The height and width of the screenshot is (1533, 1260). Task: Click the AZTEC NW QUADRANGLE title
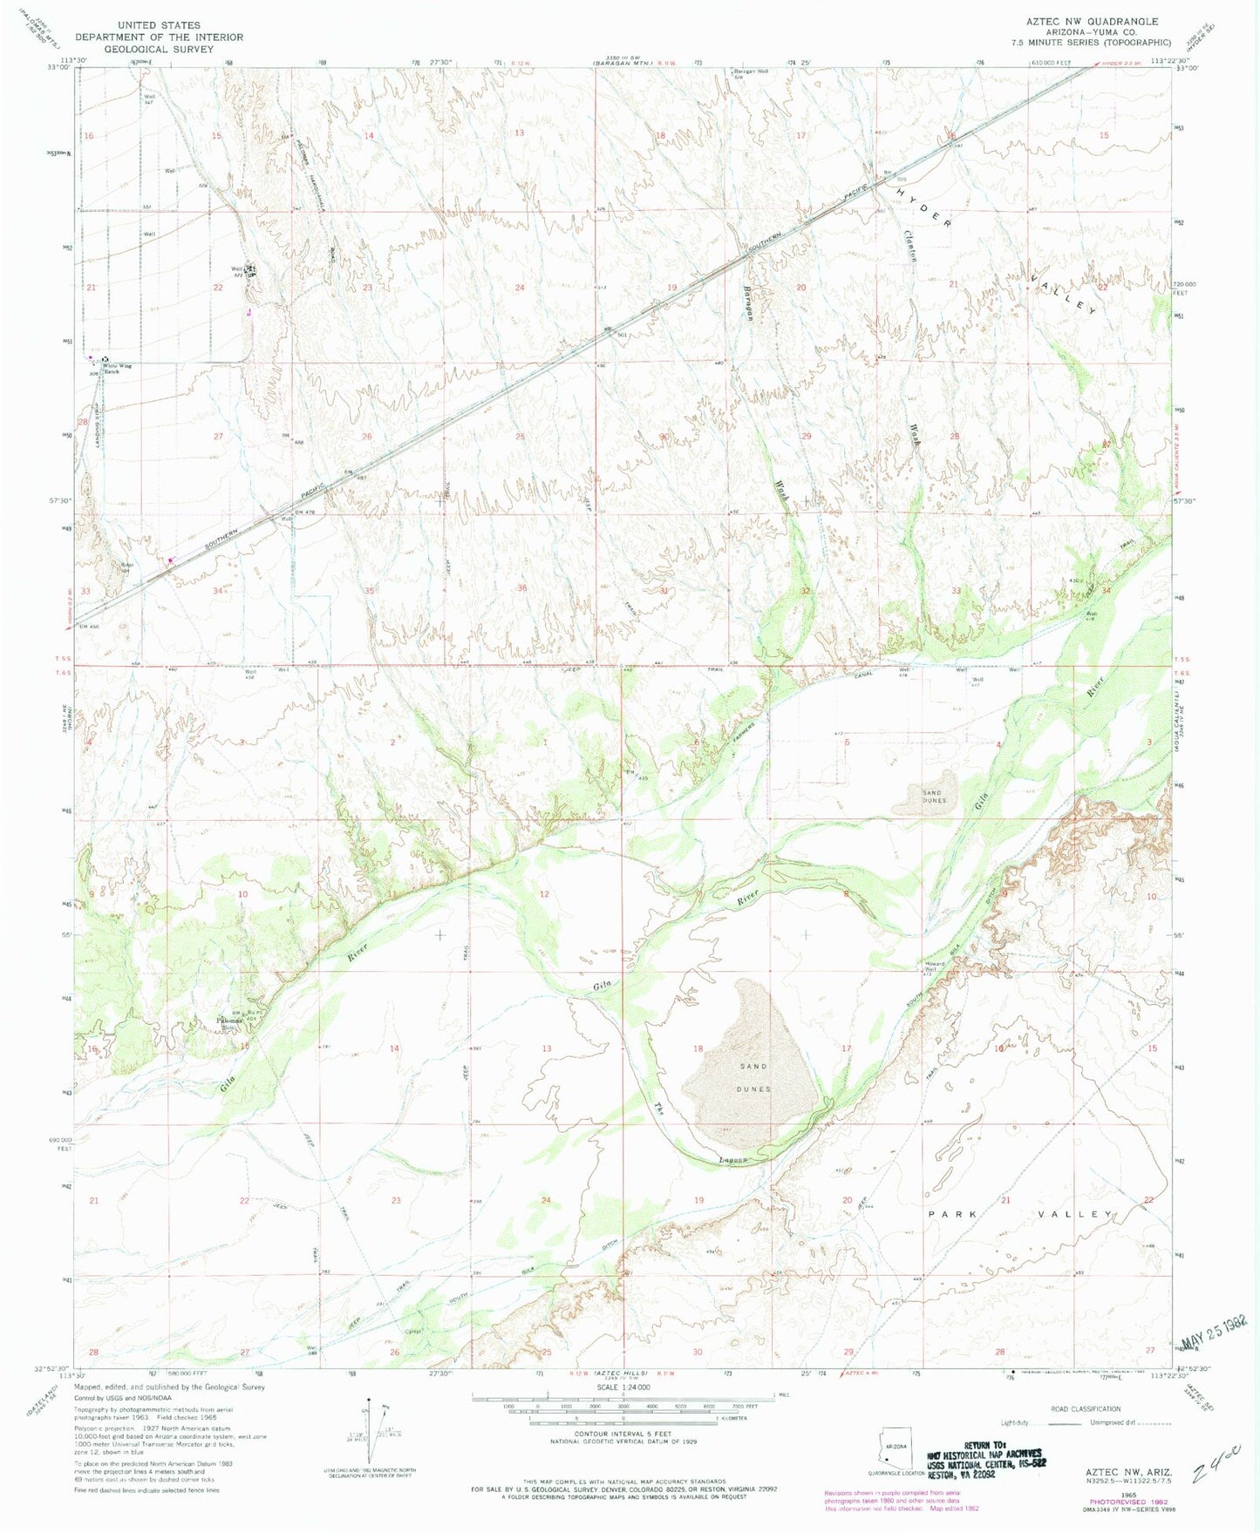(1095, 21)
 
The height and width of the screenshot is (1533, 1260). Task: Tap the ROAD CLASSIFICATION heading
(1085, 1408)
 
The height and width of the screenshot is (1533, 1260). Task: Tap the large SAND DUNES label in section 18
(753, 1078)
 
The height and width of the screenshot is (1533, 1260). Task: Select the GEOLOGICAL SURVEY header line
(159, 49)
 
